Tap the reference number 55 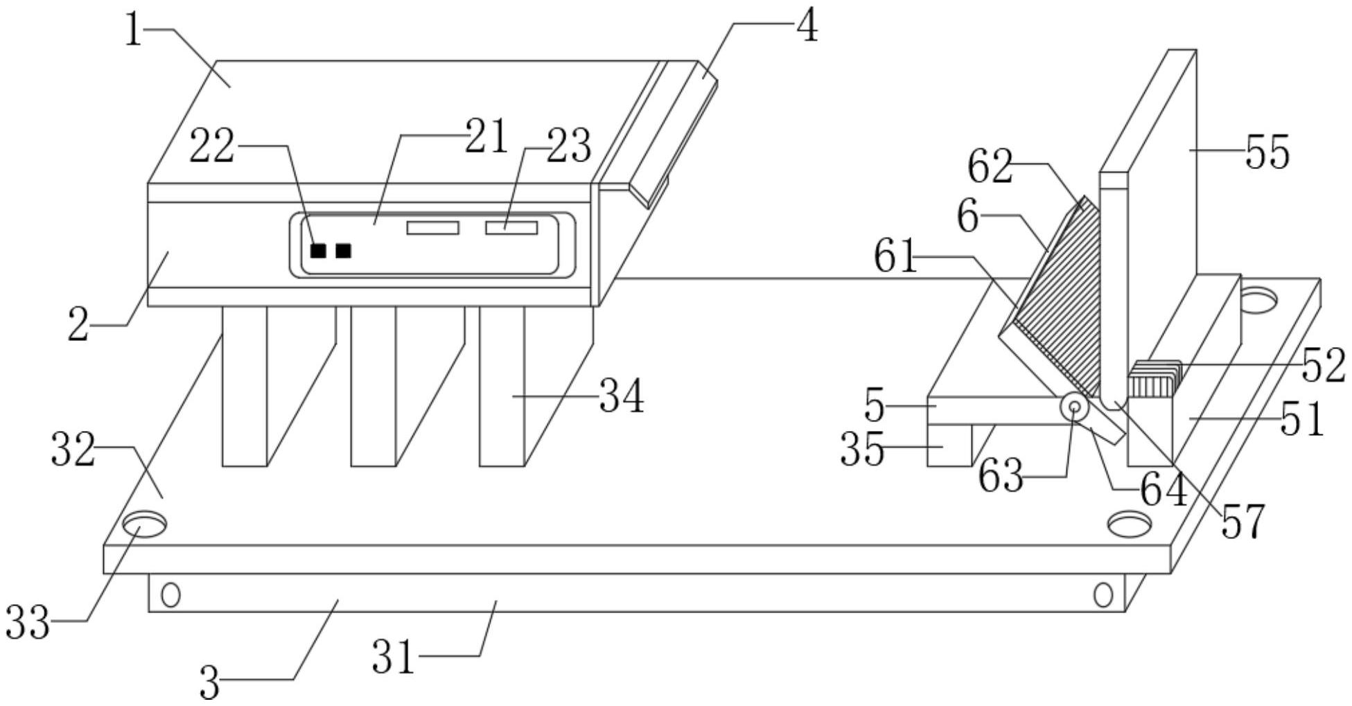coord(1267,152)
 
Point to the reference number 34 coord(622,396)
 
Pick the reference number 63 coord(1001,476)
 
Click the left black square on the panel coord(318,251)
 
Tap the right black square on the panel coord(343,251)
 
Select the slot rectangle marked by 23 coord(511,227)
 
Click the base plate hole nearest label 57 coord(1130,524)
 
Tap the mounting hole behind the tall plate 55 coord(1258,299)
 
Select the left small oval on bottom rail coord(170,594)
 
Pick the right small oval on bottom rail coord(1103,594)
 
